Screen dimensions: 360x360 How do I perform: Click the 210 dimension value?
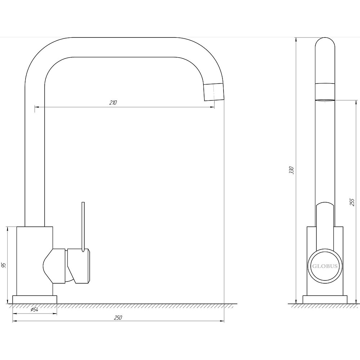[113, 103]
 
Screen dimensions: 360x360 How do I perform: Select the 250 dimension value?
[118, 318]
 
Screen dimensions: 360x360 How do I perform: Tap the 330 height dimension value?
[292, 170]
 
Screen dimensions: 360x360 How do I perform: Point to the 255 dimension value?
[352, 202]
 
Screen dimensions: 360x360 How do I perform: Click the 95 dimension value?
[4, 265]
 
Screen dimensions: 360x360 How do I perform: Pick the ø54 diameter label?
[35, 310]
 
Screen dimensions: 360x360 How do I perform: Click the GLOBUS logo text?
[325, 266]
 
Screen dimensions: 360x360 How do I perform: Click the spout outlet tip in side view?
[214, 92]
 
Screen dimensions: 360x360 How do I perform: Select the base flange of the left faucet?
[35, 300]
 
